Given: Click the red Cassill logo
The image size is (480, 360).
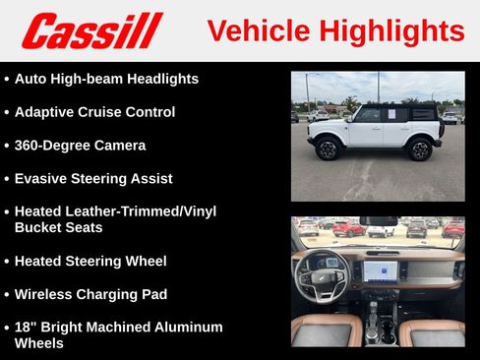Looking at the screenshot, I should click(x=91, y=30).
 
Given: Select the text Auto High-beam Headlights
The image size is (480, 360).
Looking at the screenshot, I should click(x=106, y=79).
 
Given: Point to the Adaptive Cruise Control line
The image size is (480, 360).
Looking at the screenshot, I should click(x=94, y=112).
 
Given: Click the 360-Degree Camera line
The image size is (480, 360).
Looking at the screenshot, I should click(x=80, y=146).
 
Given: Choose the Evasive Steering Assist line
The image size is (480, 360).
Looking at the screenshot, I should click(x=93, y=179).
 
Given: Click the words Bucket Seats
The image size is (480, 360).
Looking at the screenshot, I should click(x=58, y=227).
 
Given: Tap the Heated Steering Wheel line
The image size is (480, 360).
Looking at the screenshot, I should click(x=90, y=261).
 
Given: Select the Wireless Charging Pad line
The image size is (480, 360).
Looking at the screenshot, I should click(x=90, y=294).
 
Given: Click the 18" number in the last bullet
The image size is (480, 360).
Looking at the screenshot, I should click(x=26, y=327).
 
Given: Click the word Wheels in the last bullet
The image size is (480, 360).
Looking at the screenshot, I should click(x=40, y=343).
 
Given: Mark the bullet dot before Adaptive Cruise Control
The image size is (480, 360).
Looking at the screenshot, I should click(x=7, y=112).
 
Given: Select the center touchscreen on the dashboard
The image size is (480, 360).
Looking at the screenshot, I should click(x=380, y=270).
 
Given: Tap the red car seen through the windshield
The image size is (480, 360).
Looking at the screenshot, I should click(x=348, y=228).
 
